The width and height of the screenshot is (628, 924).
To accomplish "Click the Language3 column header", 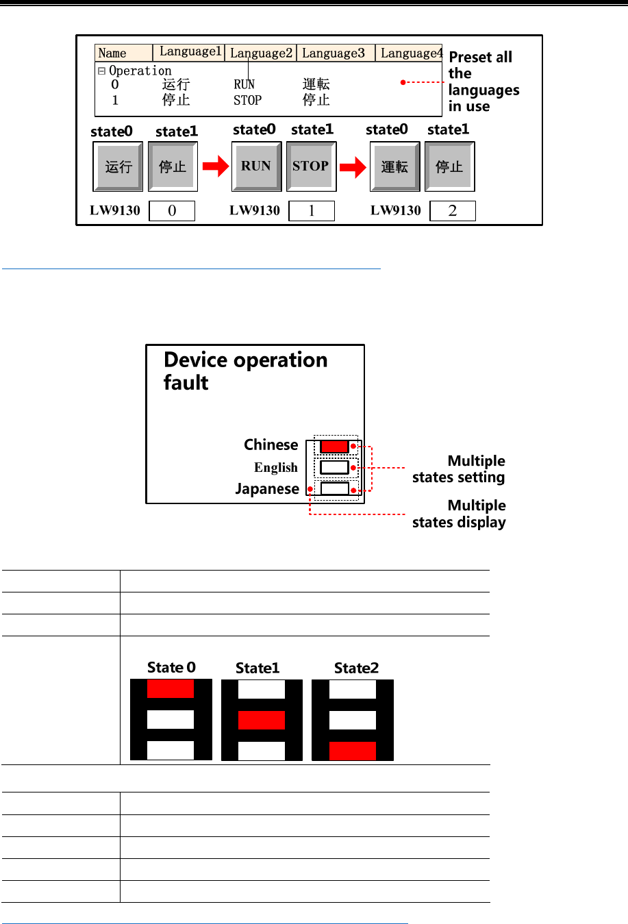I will pos(334,53).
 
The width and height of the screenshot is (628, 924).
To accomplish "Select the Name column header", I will pos(123,53).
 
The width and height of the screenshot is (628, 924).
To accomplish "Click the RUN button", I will pos(256,166).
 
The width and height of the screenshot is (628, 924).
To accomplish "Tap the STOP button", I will pos(311,166).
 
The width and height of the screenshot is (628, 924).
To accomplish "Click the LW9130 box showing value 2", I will pos(452,211).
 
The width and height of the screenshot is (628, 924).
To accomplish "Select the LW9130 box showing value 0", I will pos(172,211).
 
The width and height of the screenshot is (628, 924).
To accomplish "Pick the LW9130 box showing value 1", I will pos(312,211).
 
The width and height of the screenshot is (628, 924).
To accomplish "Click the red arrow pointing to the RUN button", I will pos(216,166).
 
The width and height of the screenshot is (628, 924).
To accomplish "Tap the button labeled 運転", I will pos(394,166).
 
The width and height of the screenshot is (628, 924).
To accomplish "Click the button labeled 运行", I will pos(118,166).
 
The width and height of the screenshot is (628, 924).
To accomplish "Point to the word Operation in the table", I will pos(140,71).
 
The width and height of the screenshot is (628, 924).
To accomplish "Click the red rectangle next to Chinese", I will pos(334,447).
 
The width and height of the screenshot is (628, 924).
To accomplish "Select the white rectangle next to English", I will pos(334,468).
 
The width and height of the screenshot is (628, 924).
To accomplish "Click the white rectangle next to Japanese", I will pos(334,489).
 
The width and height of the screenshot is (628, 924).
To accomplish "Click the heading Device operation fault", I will pos(245,371).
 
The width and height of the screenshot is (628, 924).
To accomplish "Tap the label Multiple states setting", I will pos(459,469).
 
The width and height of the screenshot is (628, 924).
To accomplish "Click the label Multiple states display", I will pos(459,514).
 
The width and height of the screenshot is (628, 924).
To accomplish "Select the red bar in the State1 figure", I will pos(262,720).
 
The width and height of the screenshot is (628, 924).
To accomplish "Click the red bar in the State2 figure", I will pos(353,751).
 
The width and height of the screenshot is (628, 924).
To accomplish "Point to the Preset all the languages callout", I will pos(483,82).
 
